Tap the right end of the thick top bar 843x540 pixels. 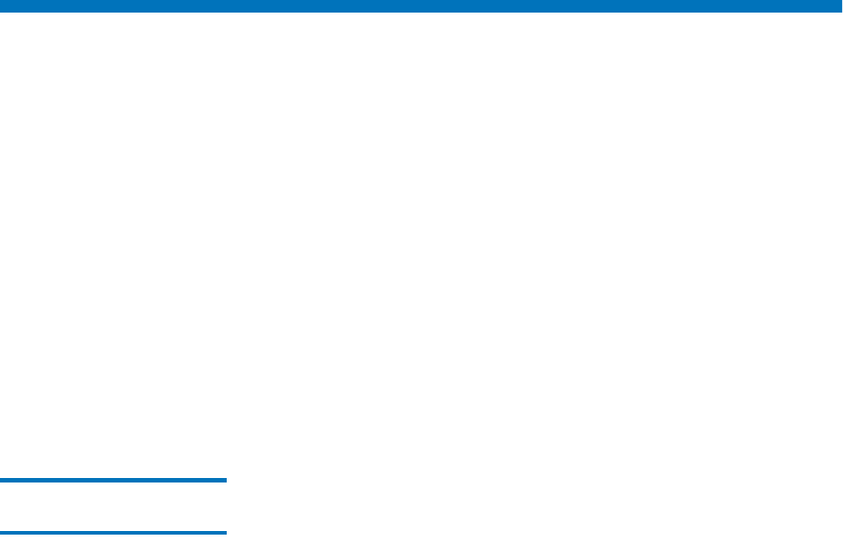click(839, 5)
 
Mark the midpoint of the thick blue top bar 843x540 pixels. click(421, 5)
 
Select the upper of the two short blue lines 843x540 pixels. click(113, 481)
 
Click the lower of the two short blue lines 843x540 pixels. click(113, 533)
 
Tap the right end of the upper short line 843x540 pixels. click(225, 481)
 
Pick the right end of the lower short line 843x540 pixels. click(225, 533)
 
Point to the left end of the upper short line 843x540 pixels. click(2, 481)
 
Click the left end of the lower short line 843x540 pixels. click(2, 533)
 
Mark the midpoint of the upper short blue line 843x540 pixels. click(113, 481)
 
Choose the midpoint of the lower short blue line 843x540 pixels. click(113, 533)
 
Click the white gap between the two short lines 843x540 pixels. click(113, 507)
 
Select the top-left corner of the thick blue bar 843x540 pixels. click(1, 1)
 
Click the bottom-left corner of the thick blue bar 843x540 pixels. click(1, 11)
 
